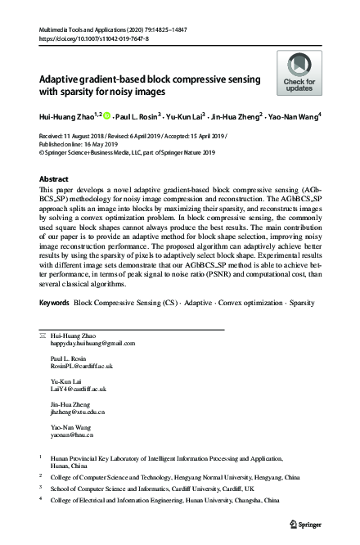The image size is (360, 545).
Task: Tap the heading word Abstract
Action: point(56,178)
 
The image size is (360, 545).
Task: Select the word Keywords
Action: point(54,303)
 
